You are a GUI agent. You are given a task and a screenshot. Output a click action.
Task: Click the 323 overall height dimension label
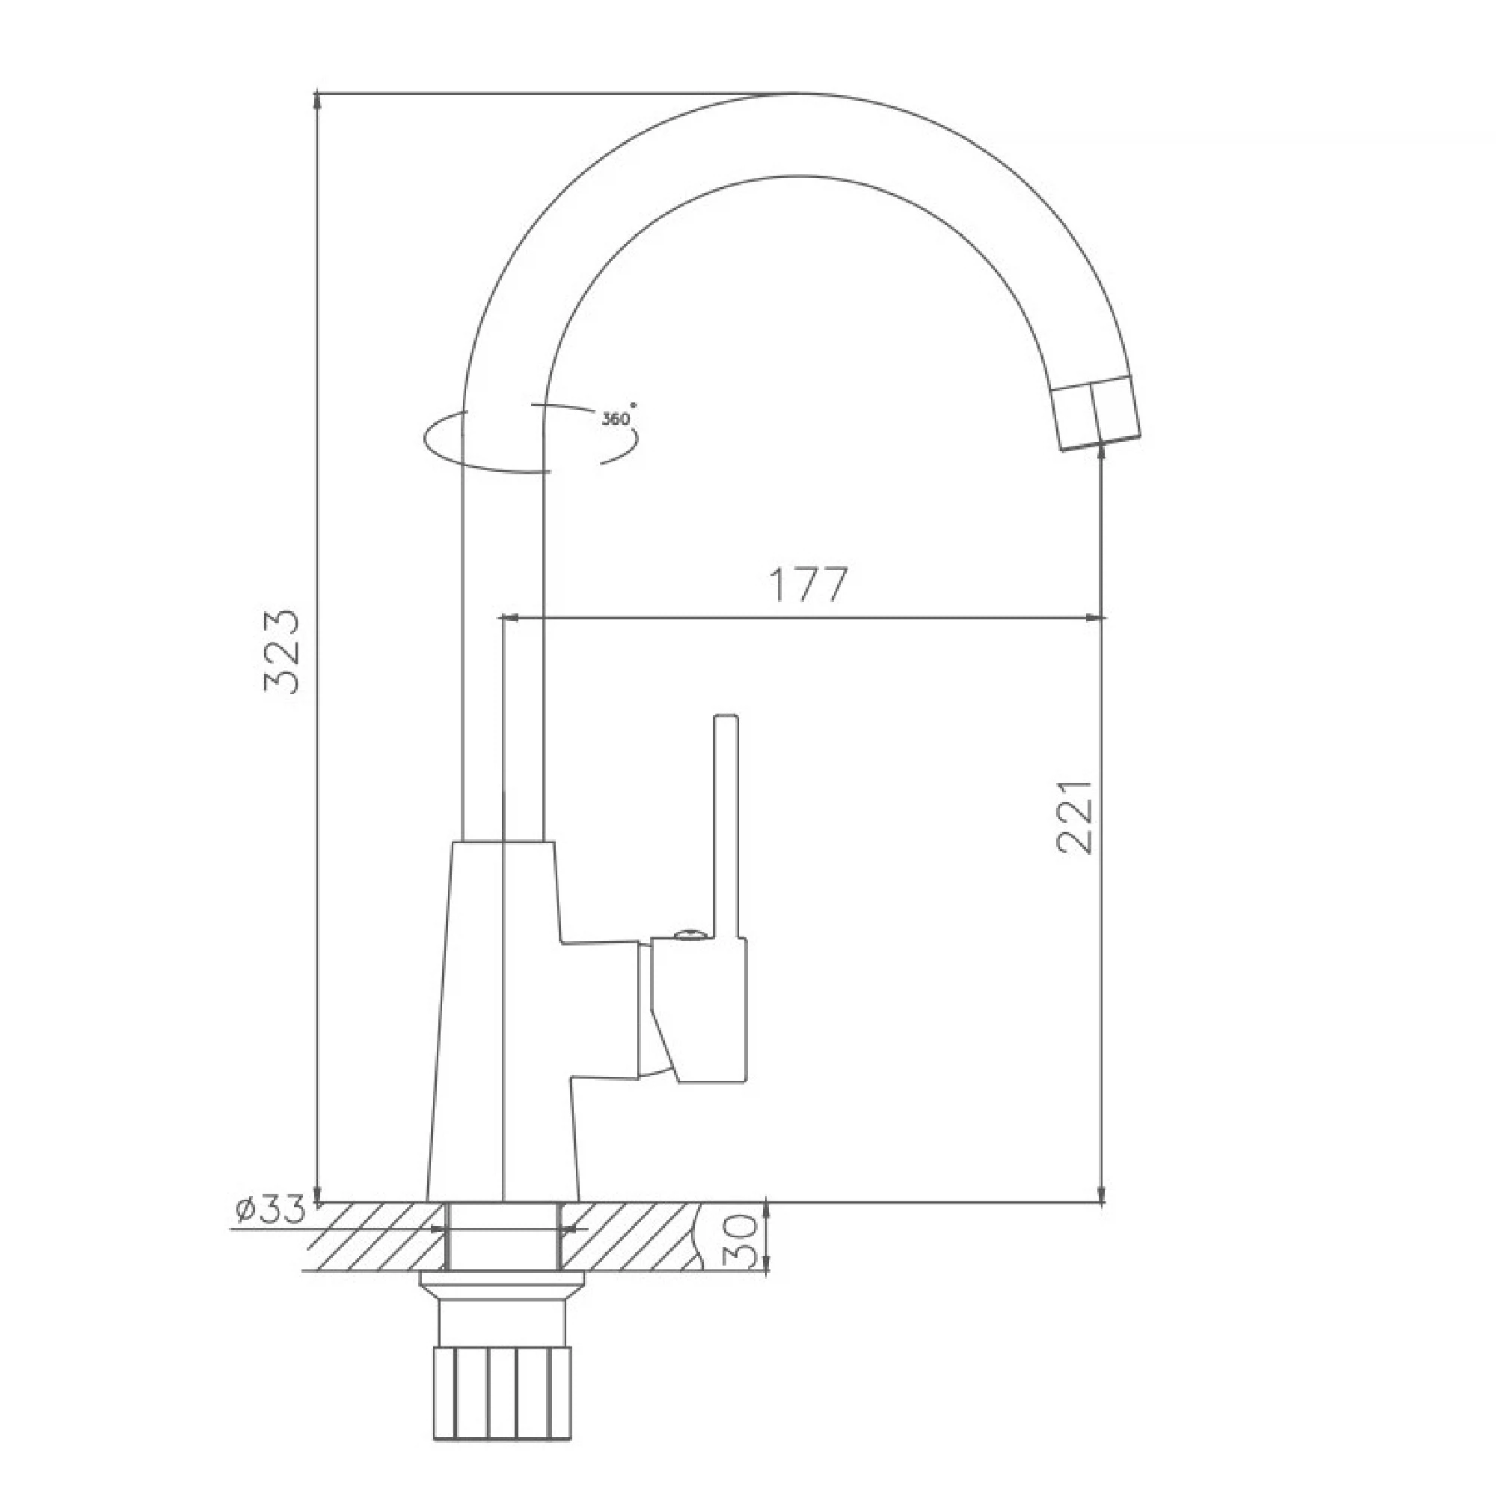pos(281,653)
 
